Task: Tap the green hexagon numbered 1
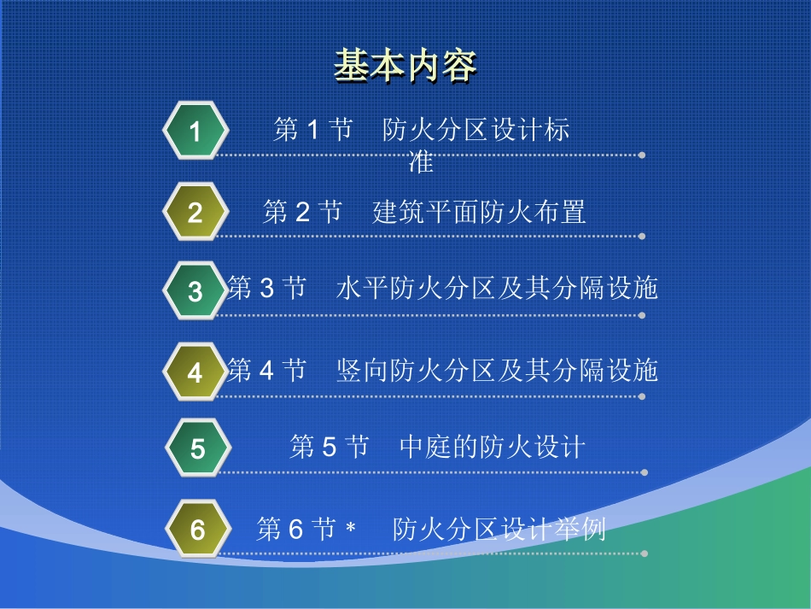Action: coord(195,132)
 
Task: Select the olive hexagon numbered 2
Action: coord(195,212)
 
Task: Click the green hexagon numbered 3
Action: coord(195,291)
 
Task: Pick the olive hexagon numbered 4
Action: coord(195,372)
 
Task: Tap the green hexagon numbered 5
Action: coord(197,448)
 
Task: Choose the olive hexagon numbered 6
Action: coord(197,530)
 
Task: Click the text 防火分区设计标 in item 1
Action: coord(476,130)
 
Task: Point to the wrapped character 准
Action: coord(421,161)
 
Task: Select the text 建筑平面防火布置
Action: coord(479,212)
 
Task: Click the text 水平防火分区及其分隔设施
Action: coord(498,289)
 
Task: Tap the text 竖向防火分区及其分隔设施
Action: coord(498,371)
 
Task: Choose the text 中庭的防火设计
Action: coord(493,447)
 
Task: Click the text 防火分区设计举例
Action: coord(499,530)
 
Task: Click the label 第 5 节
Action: coord(329,447)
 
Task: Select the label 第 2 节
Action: coord(302,212)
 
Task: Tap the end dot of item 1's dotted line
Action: coord(642,155)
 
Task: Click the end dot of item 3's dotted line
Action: coord(642,314)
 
